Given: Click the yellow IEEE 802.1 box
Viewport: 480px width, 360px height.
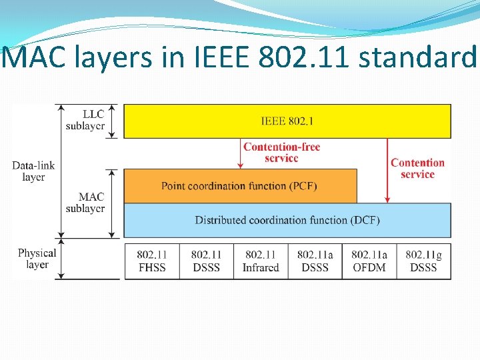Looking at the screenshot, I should (x=287, y=121).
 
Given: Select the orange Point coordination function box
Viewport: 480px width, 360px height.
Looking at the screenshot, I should (x=240, y=185).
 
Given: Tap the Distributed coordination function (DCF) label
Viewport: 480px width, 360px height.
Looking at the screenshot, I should (x=287, y=220).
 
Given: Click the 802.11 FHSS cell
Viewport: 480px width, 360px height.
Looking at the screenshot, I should (x=151, y=261).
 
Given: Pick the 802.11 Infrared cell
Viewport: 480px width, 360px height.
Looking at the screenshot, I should (x=261, y=261).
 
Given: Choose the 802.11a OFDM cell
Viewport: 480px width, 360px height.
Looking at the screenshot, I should (x=369, y=261).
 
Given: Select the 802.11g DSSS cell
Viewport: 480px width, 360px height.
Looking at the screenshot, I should (x=423, y=261).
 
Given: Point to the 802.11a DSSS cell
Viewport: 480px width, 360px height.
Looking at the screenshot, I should (x=315, y=261).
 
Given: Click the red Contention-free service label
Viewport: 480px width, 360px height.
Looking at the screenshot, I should (x=281, y=153).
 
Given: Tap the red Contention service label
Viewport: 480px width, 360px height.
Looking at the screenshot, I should (x=417, y=168).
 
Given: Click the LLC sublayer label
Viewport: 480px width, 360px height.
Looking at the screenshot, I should (x=85, y=119).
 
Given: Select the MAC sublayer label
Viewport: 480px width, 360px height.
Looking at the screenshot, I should (x=85, y=203).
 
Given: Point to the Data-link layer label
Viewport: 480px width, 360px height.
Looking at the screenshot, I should (x=33, y=171).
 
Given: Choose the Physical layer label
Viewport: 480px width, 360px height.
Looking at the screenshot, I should (x=37, y=259).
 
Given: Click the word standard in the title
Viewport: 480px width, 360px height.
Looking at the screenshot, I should (x=418, y=57).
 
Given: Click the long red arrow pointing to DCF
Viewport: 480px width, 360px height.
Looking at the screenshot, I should (x=387, y=170).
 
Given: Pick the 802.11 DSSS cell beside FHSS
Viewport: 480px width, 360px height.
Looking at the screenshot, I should (x=205, y=261).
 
